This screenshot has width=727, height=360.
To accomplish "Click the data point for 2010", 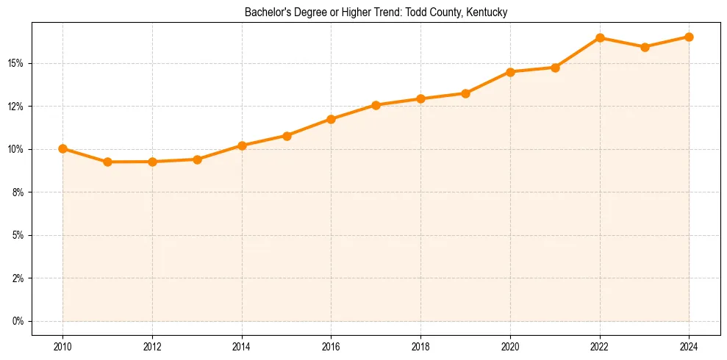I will click(62, 148).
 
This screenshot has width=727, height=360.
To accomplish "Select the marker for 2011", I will click(107, 162).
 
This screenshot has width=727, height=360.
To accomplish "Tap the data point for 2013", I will click(197, 159).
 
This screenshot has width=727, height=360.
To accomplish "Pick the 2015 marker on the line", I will click(287, 136).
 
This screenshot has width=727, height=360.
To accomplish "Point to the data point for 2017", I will click(376, 105).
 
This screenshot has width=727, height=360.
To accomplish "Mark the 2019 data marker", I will click(465, 93).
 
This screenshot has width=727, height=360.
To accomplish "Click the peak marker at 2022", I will click(600, 37).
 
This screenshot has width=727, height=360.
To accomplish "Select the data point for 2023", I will click(645, 47).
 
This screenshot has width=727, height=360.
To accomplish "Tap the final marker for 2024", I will click(689, 37).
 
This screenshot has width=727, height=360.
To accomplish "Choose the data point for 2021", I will click(555, 68).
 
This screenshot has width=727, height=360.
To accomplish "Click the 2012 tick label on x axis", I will click(152, 346).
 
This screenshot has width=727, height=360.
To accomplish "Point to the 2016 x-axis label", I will click(331, 346).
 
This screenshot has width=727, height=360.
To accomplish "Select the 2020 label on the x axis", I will click(510, 346).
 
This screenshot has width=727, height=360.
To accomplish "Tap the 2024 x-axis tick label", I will click(689, 346).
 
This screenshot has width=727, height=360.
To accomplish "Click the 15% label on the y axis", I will click(15, 63).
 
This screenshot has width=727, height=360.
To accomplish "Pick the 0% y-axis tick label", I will click(18, 322).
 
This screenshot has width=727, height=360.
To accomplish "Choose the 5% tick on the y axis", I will click(18, 236).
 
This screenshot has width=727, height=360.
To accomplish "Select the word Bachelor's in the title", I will click(267, 12).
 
